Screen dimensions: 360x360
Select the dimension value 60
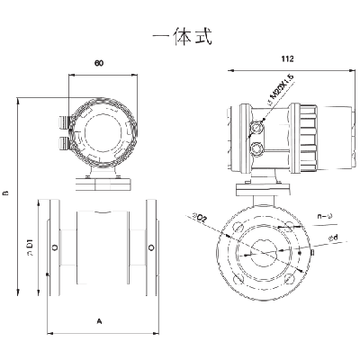click(x=100, y=65)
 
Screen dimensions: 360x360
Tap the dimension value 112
click(x=287, y=58)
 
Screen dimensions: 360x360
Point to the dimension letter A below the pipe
click(x=99, y=320)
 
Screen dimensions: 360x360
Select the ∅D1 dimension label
click(x=31, y=245)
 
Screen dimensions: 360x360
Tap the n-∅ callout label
click(x=327, y=216)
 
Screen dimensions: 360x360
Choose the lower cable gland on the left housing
click(x=62, y=141)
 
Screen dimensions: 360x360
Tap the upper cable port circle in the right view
click(x=258, y=125)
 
